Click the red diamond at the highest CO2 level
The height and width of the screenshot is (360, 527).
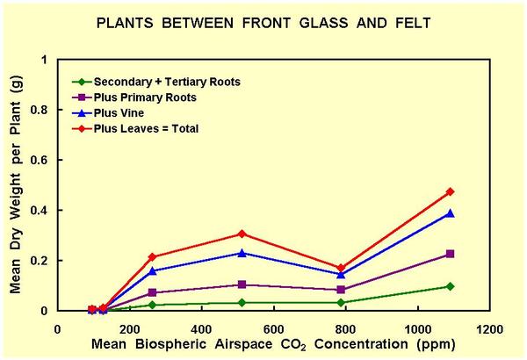click(x=450, y=191)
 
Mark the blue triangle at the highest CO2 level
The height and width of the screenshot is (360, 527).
click(x=450, y=213)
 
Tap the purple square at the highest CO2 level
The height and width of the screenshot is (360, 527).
click(x=450, y=254)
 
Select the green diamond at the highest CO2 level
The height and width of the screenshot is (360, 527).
click(x=450, y=286)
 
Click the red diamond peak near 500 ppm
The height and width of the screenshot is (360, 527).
click(x=242, y=234)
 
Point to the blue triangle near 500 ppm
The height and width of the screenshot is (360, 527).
click(x=242, y=253)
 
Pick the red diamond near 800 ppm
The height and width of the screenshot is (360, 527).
click(x=341, y=268)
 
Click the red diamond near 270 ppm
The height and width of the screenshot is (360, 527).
click(x=153, y=257)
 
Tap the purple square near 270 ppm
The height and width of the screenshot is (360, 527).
click(x=153, y=292)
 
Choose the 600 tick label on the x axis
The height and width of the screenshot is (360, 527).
click(x=273, y=329)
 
